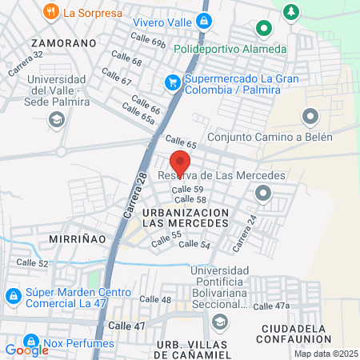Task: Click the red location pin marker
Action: click(180, 161)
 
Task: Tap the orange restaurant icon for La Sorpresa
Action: click(51, 11)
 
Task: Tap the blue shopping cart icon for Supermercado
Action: click(172, 81)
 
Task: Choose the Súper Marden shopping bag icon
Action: click(13, 296)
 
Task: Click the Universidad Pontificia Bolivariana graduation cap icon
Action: click(219, 321)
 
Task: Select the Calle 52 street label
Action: click(32, 263)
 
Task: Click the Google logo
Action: click(26, 350)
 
